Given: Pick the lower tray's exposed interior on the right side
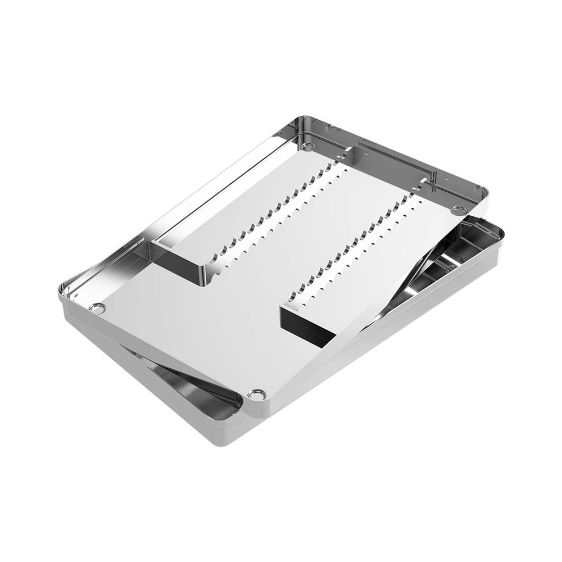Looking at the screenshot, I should [x=450, y=264].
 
